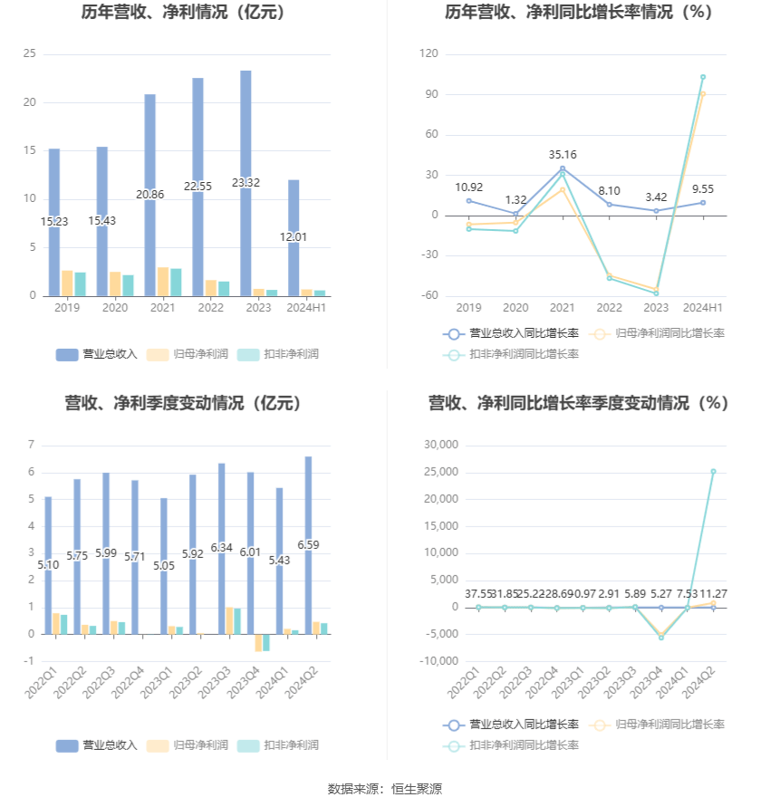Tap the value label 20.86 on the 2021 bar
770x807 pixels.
(x=150, y=195)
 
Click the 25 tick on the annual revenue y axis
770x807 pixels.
(x=30, y=54)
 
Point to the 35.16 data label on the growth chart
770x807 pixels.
(x=563, y=155)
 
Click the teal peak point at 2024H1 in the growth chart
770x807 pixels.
(x=702, y=77)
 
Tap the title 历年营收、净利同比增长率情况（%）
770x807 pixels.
(x=578, y=13)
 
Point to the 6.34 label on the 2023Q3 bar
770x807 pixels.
(x=221, y=548)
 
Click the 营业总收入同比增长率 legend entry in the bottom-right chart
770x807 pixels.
(x=512, y=725)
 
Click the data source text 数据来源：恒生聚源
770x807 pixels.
(x=384, y=789)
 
